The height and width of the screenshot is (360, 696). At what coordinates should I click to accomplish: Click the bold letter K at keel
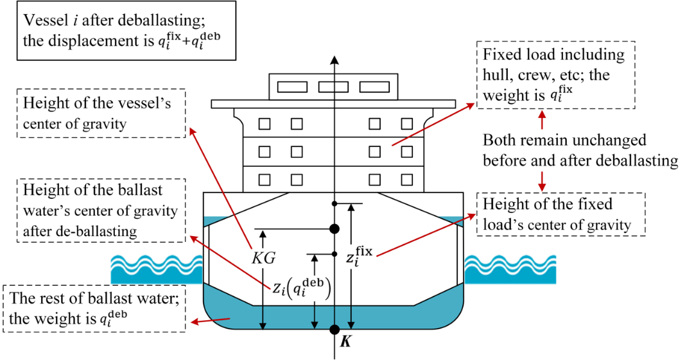346,343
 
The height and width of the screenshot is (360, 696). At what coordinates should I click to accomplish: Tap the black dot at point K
334,329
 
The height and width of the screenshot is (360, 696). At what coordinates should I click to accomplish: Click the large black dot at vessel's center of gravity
334,228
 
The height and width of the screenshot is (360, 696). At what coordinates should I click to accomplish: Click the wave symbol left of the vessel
157,270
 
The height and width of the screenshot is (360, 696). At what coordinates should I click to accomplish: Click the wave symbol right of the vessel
510,270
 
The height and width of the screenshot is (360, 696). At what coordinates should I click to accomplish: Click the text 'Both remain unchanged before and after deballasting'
580,150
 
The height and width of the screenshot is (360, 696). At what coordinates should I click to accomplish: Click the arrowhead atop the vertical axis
334,60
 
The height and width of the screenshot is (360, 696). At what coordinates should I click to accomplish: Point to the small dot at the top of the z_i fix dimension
334,203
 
